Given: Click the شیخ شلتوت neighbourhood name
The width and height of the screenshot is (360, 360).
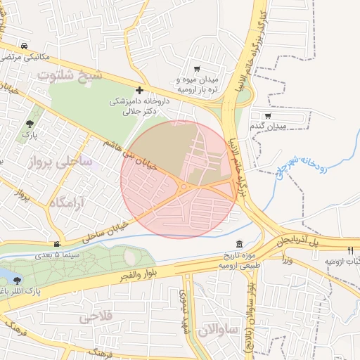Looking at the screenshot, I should click(x=70, y=75).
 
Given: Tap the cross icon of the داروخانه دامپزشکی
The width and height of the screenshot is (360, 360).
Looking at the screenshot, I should click(x=140, y=90).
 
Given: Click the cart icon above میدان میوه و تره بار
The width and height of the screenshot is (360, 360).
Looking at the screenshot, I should click(x=196, y=69).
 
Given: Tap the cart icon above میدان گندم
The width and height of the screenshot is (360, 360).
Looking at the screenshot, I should click(x=267, y=115).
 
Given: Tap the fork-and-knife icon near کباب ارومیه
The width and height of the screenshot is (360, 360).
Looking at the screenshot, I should click(x=349, y=250).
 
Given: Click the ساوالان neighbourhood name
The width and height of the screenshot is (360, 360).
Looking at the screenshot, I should click(x=218, y=329).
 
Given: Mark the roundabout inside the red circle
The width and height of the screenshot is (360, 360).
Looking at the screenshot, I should click(x=184, y=186).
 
